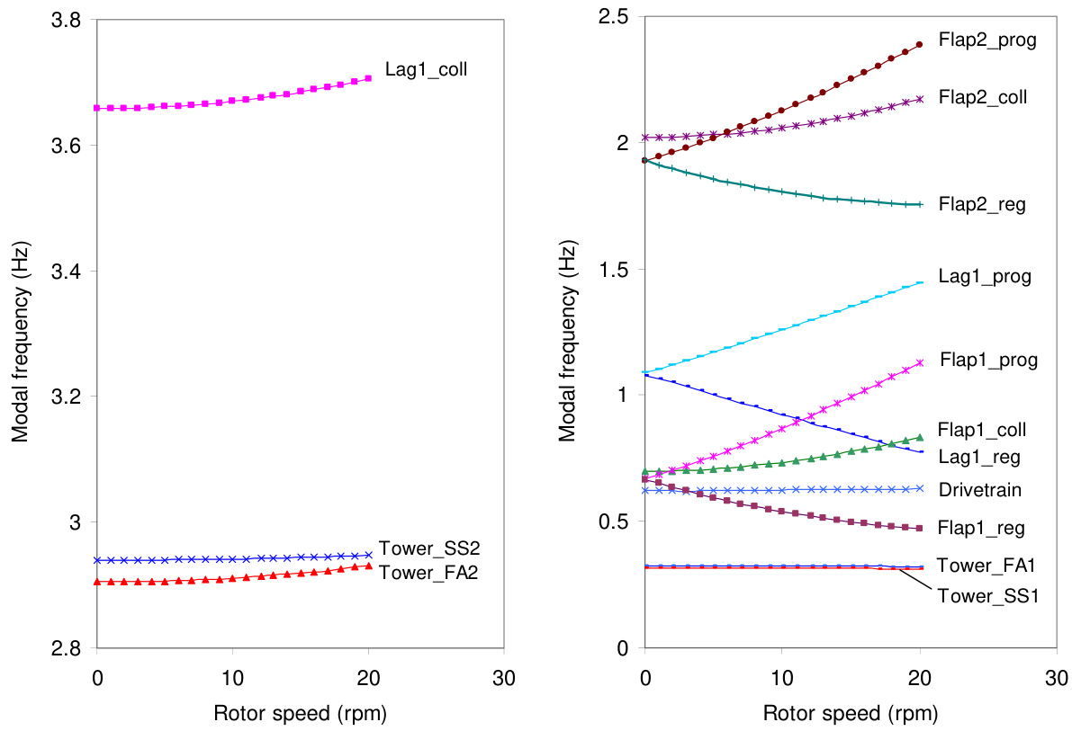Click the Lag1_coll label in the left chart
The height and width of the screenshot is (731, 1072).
point(427,68)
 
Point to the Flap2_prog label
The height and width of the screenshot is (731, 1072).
point(986,40)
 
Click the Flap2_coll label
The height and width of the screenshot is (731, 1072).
point(983,96)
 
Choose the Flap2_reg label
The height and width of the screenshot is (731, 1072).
point(982,205)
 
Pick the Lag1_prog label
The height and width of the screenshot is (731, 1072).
point(984,277)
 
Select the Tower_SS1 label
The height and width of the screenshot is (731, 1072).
point(988,595)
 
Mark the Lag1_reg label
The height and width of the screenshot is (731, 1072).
point(978,457)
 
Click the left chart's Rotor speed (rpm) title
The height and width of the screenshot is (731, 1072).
point(301,714)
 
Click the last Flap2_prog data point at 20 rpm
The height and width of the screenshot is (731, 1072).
point(919,44)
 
